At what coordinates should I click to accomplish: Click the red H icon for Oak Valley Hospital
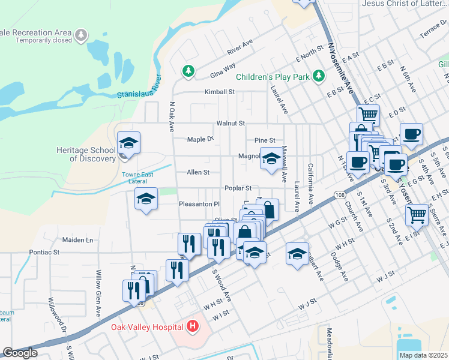(x=193, y=326)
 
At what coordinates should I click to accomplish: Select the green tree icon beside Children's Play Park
(x=319, y=76)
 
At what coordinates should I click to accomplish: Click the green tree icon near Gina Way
(x=189, y=71)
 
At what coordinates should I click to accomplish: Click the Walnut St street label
(x=231, y=123)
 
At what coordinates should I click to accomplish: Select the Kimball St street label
(x=219, y=92)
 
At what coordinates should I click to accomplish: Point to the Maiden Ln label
(x=78, y=240)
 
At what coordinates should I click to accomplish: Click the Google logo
(x=20, y=353)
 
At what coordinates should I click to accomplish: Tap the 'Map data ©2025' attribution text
(x=423, y=355)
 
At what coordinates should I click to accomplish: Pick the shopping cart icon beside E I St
(x=416, y=214)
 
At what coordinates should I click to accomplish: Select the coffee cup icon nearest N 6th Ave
(x=411, y=134)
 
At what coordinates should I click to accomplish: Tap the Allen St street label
(x=198, y=172)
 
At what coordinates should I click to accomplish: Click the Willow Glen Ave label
(x=98, y=285)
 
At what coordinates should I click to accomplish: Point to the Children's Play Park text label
(x=272, y=77)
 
